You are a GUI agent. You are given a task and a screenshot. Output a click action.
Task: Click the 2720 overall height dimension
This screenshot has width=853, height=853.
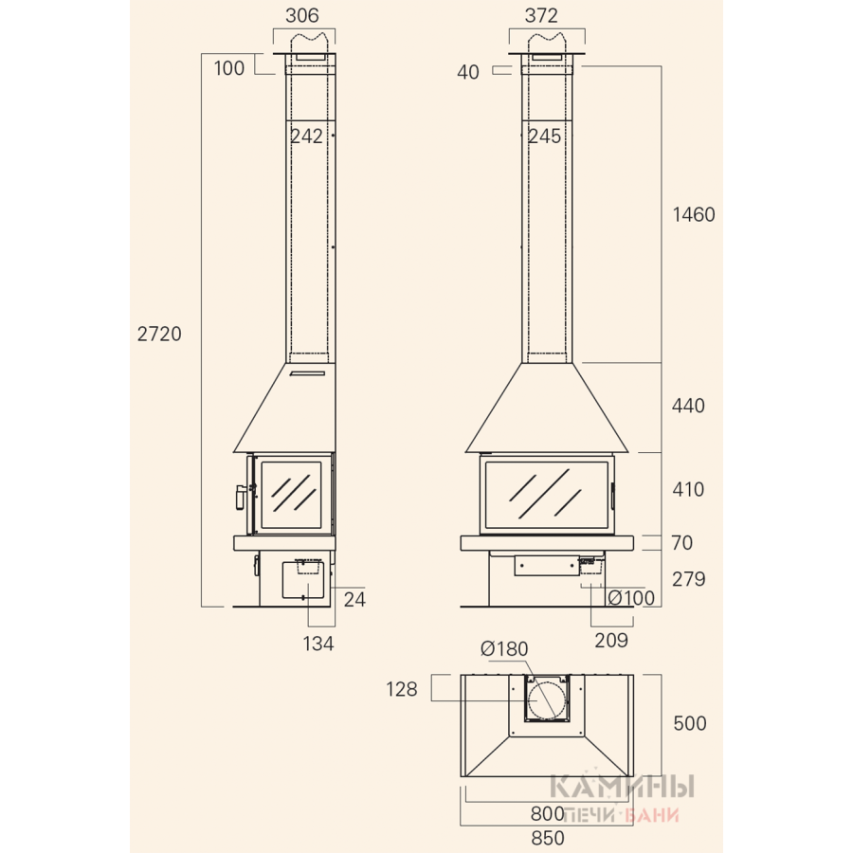pyautogui.click(x=159, y=334)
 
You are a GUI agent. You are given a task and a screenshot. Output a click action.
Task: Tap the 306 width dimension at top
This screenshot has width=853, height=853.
pyautogui.click(x=302, y=15)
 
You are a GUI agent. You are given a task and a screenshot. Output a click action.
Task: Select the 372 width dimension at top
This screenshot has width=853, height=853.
pyautogui.click(x=541, y=15)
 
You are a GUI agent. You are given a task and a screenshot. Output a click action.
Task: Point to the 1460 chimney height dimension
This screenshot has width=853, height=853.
pyautogui.click(x=694, y=214)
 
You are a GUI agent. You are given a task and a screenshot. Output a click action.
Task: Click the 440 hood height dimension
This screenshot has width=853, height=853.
pyautogui.click(x=688, y=406)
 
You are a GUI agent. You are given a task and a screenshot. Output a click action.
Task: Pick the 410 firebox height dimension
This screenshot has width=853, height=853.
pyautogui.click(x=688, y=489)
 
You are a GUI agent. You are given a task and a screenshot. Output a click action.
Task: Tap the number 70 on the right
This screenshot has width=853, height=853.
pyautogui.click(x=681, y=542)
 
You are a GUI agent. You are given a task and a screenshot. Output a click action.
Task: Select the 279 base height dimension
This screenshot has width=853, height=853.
pyautogui.click(x=688, y=579)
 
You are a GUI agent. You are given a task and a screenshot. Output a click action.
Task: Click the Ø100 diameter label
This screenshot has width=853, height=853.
pyautogui.click(x=631, y=598)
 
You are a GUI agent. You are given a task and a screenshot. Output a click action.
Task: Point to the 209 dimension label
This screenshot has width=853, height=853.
pyautogui.click(x=611, y=641)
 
